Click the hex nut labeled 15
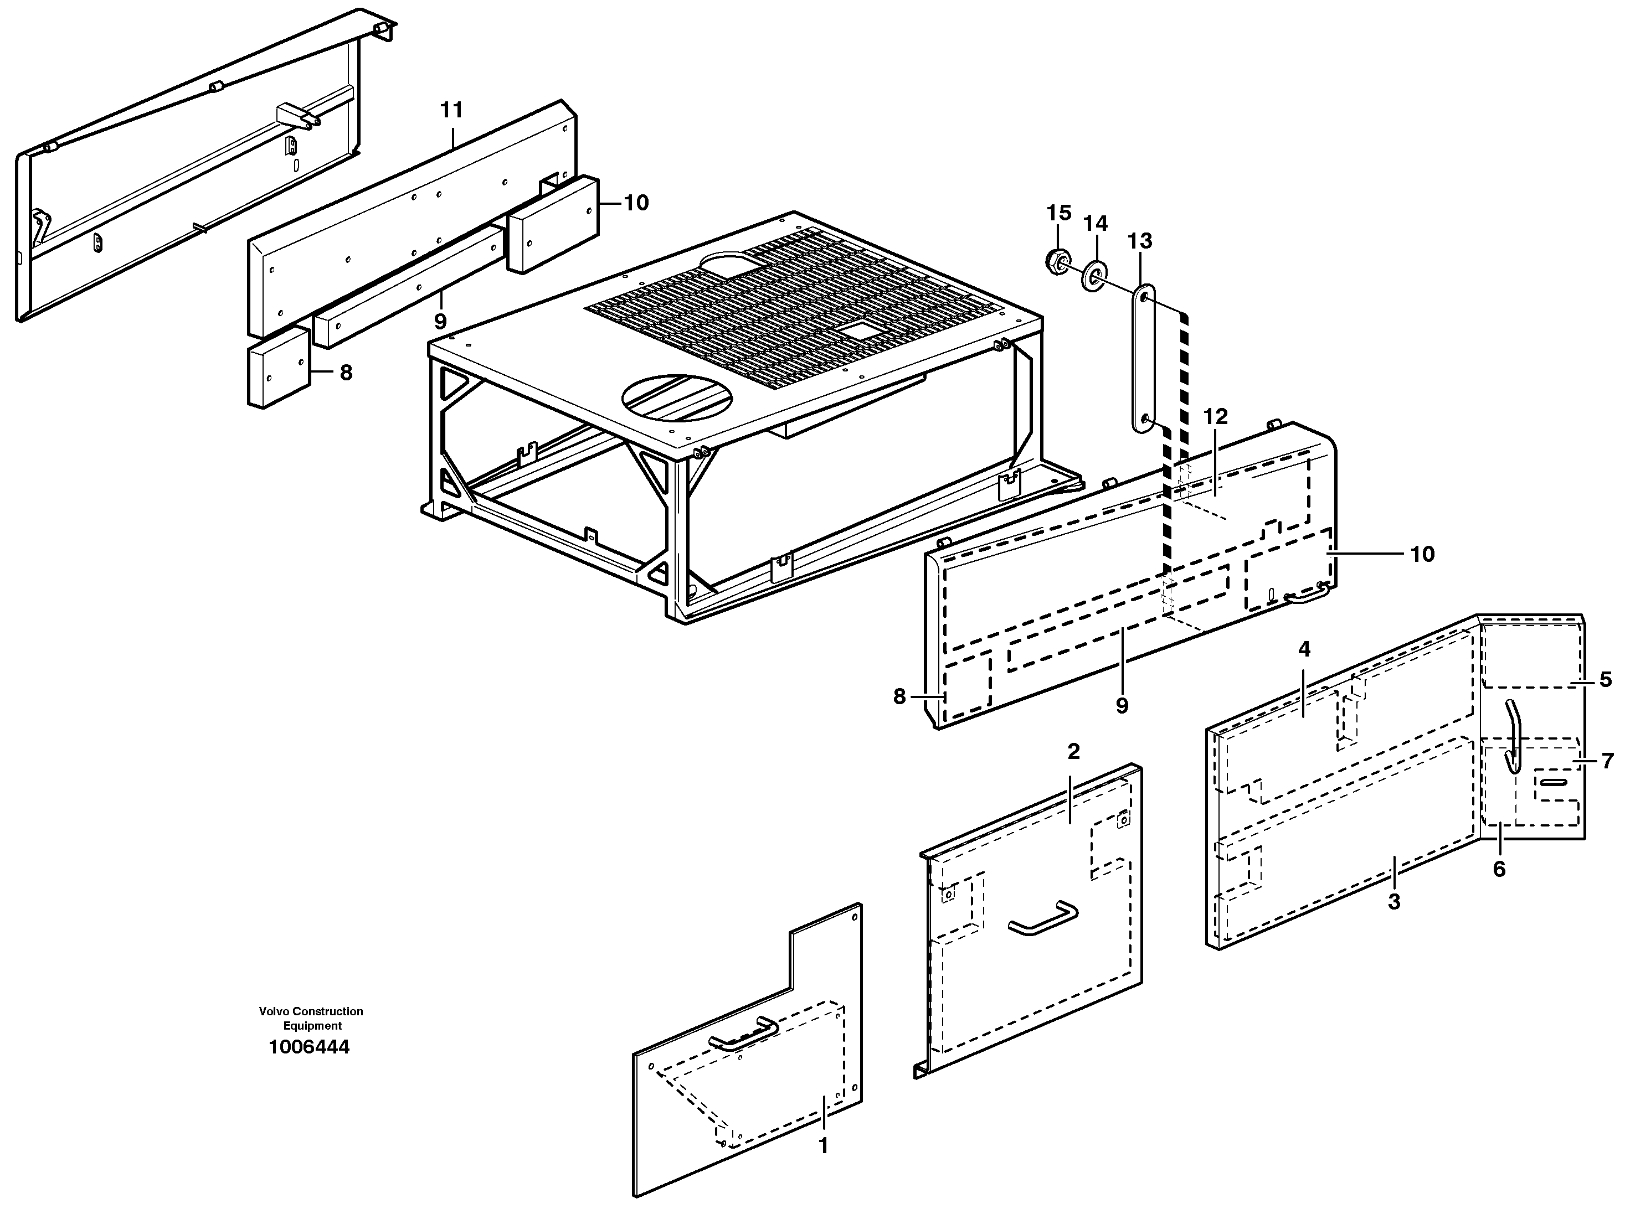pyautogui.click(x=1056, y=261)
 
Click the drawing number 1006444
pyautogui.click(x=309, y=1047)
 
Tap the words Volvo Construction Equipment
pyautogui.click(x=311, y=1019)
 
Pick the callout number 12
pyautogui.click(x=1215, y=416)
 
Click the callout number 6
pyautogui.click(x=1499, y=869)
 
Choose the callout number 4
pyautogui.click(x=1304, y=649)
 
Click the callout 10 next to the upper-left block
pyautogui.click(x=636, y=203)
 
